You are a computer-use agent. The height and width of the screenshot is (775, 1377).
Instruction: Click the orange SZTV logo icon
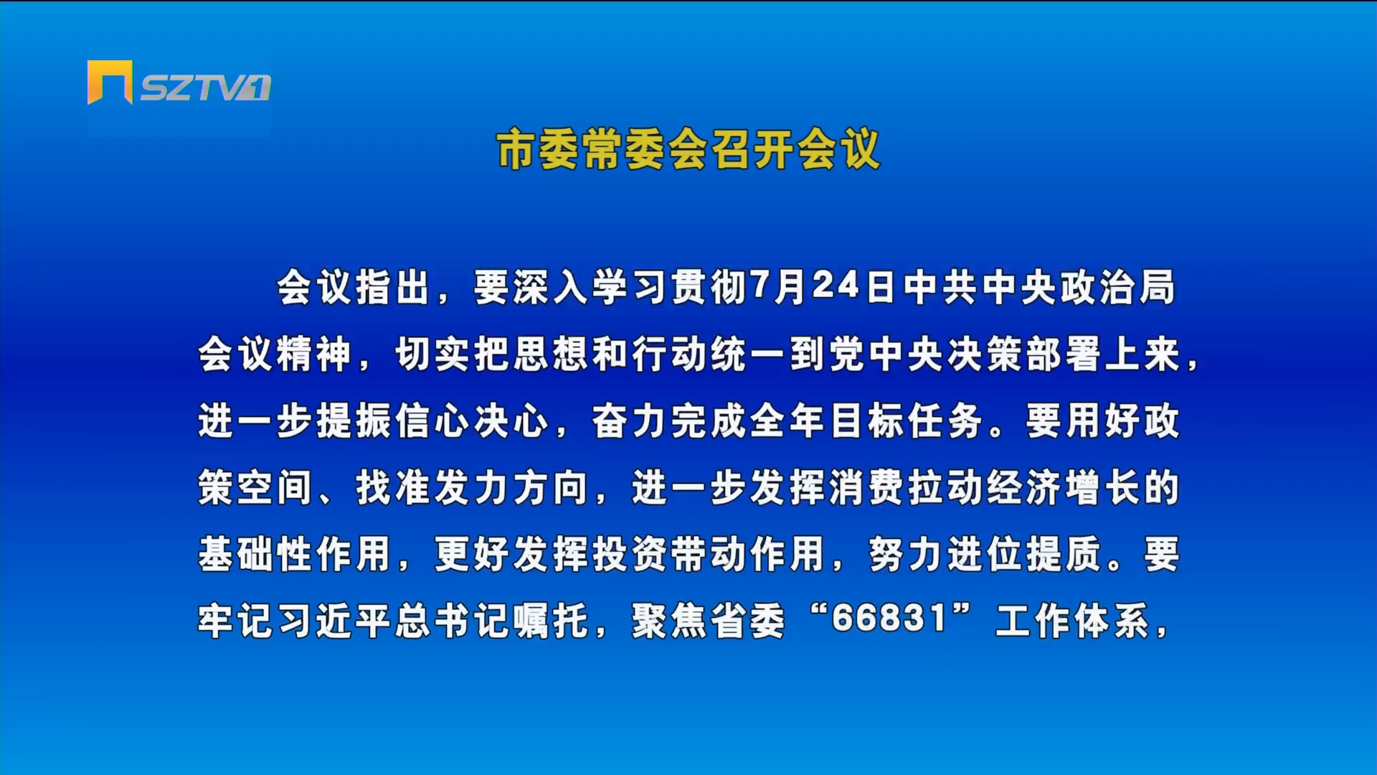pos(110,83)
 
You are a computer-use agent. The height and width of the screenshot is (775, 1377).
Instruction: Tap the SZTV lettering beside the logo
pos(206,88)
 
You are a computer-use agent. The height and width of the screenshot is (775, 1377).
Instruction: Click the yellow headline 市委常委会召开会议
pos(688,149)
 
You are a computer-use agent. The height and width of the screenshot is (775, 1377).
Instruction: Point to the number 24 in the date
pos(836,286)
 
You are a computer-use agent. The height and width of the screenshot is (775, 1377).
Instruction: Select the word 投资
pos(630,554)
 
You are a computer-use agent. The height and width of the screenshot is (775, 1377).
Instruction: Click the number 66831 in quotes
pos(889,619)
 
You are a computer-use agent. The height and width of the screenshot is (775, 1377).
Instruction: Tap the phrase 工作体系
pos(1074,621)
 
